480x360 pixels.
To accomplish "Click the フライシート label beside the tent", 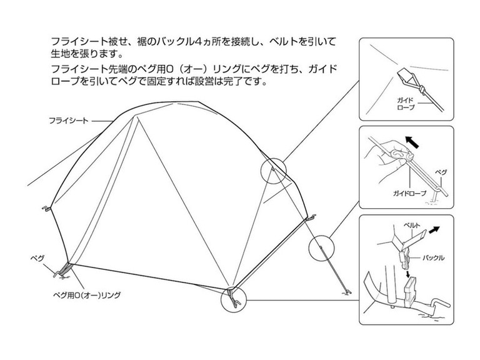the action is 69,121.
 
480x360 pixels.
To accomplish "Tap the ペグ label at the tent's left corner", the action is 37,258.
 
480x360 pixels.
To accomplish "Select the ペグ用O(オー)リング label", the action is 87,296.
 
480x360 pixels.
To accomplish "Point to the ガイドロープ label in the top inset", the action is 406,104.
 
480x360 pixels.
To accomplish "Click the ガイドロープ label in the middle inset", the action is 409,194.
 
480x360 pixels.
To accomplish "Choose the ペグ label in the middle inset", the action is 441,172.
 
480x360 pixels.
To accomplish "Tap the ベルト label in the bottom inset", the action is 411,226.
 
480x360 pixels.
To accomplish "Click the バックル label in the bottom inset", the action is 433,257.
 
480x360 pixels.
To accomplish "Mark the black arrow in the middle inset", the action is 412,142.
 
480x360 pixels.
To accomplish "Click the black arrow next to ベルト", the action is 434,230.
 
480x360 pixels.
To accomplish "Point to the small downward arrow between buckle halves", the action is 407,273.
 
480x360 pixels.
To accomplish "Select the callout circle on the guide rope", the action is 321,248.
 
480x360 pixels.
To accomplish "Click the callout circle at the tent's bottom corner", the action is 233,299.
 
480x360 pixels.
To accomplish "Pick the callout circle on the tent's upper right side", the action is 273,171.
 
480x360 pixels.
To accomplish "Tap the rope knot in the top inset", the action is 422,90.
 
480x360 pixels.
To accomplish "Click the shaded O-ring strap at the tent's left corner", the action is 65,269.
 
